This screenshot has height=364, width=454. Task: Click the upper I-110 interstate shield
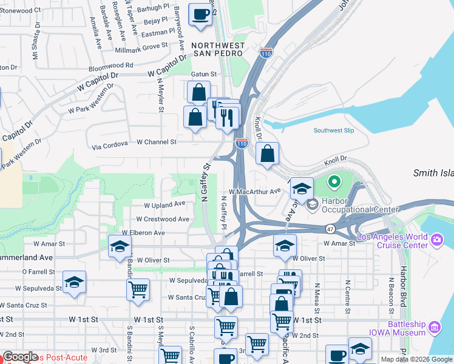[x=266, y=53]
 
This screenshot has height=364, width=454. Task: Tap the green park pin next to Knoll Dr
[x=334, y=181]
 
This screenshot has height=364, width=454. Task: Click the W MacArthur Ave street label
[x=254, y=191]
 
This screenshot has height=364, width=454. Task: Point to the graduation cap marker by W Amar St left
[x=120, y=246]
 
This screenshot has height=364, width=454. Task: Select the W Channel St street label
[x=156, y=142]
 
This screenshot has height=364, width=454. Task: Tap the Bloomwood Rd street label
[x=110, y=65]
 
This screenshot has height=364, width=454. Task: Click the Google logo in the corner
[x=20, y=357]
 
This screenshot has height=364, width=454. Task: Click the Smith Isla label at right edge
[x=433, y=173]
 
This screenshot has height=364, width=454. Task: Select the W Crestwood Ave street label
[x=162, y=219]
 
